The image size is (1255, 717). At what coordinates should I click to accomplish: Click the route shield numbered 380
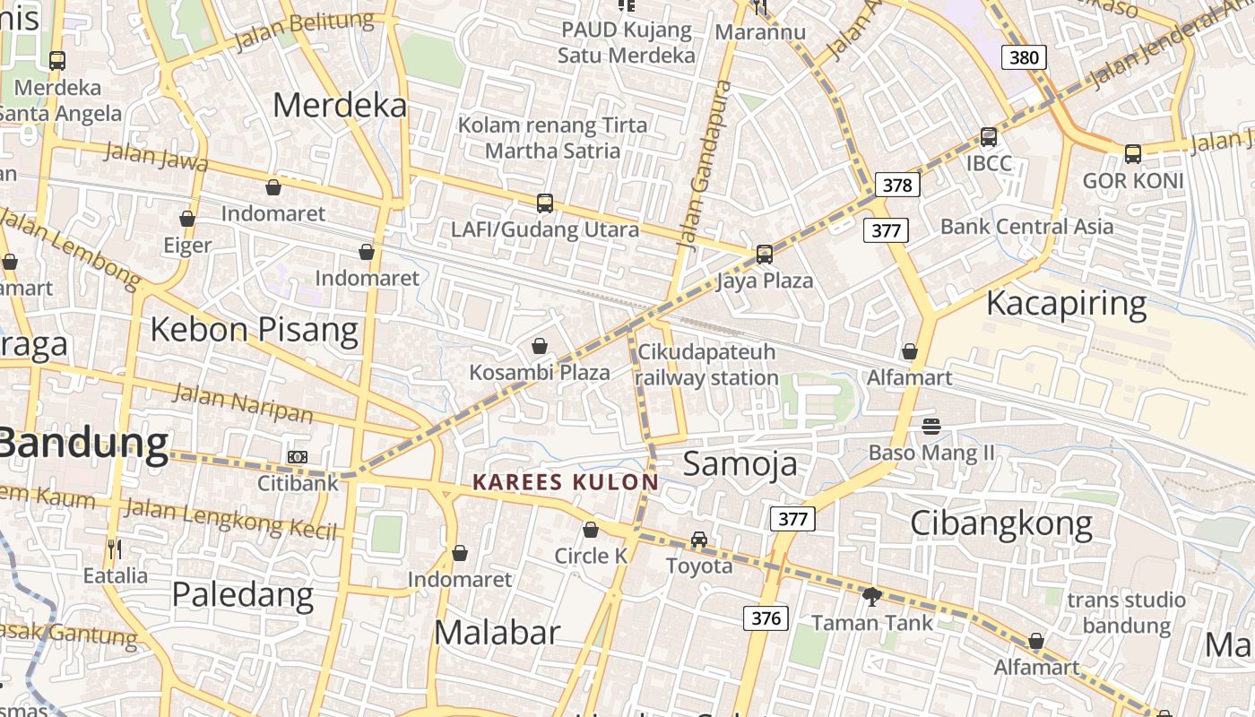coord(1023,58)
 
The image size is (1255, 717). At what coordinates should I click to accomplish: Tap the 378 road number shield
coord(896,185)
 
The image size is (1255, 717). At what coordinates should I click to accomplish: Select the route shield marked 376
coord(766,618)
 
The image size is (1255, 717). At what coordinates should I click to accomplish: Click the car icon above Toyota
coord(699,540)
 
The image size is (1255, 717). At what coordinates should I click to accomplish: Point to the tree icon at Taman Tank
coord(871,596)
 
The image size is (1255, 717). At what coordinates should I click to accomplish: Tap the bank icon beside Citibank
coord(298,457)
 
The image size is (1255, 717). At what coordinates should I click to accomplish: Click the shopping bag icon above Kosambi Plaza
coord(540,346)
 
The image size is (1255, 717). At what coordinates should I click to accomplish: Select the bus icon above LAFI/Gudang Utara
coord(545,203)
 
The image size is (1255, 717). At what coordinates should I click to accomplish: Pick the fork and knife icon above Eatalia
coord(114,549)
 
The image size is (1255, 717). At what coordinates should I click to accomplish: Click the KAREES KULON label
coord(565,482)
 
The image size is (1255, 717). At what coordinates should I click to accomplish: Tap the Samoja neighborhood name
coord(740,463)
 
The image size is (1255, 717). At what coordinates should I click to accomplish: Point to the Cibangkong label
coord(1001,523)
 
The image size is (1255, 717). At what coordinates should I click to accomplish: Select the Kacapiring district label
coord(1066,304)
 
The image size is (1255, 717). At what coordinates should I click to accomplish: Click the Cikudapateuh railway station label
coord(706,365)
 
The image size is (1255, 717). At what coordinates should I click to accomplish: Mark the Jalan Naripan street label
coord(242,402)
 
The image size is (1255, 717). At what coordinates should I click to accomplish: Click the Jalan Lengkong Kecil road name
coord(231,519)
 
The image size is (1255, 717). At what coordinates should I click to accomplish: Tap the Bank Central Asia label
coord(1026,226)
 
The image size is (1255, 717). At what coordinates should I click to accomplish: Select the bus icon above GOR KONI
coord(1133,153)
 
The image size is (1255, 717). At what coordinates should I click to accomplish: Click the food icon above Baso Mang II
coord(931,426)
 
